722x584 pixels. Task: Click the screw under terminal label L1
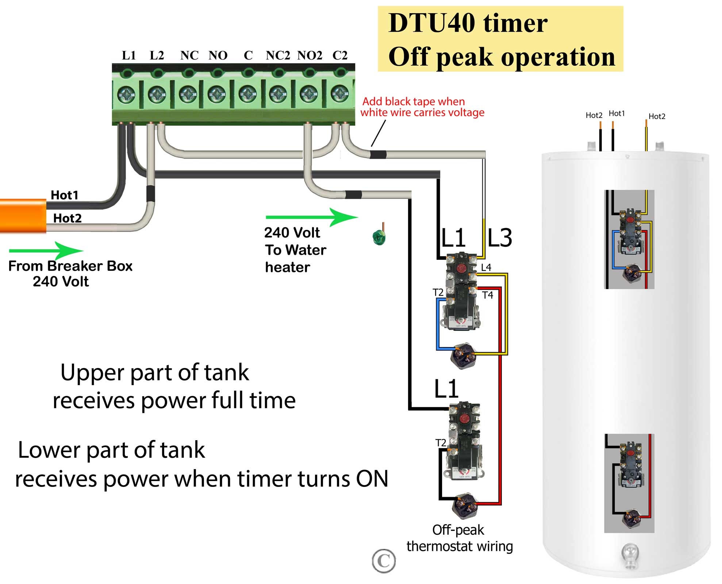pos(126,95)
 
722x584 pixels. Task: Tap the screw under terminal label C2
pos(339,94)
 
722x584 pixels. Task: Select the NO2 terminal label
pos(310,55)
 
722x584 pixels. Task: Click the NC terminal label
pos(189,55)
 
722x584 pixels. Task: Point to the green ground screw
pos(379,237)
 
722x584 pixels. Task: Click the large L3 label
pos(500,238)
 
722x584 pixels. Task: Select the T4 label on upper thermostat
pos(487,295)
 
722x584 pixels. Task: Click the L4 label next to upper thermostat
pos(486,267)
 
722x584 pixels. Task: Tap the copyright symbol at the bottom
pos(384,561)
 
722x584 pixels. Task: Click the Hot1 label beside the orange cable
pos(64,195)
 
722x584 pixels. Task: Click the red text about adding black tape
pos(422,107)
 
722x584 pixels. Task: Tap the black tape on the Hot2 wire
pos(150,193)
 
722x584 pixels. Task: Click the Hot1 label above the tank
pos(617,114)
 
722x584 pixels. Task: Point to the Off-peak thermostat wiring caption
pos(459,538)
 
